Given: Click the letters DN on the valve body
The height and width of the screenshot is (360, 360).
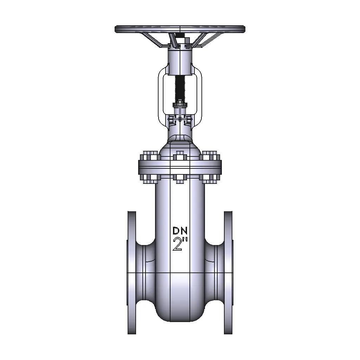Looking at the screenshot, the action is coord(180,231).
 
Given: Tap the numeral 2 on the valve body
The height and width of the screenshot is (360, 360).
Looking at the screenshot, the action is coord(177,244).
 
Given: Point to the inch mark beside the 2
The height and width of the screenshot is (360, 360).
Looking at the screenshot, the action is coord(185,239).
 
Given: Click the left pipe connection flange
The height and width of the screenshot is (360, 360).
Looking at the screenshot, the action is coord(131,272).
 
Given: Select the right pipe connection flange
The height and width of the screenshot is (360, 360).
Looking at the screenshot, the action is coord(229,272).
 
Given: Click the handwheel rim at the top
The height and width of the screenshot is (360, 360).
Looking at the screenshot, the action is coord(180,29).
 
